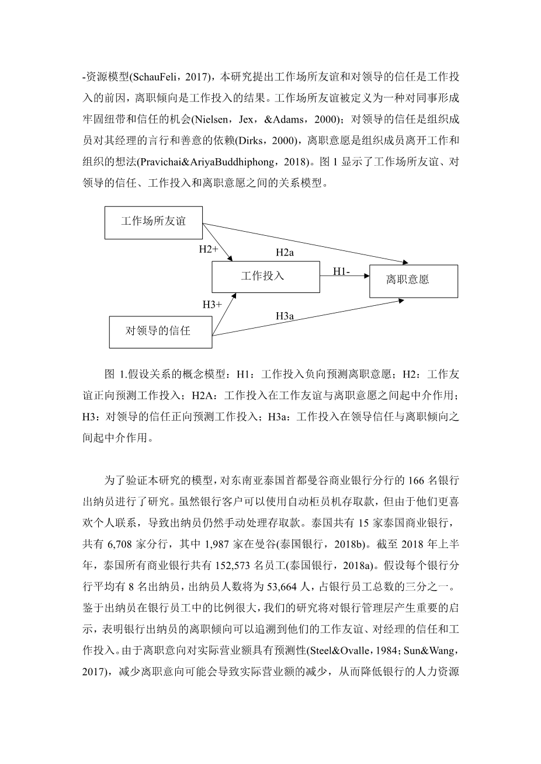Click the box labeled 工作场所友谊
[x=153, y=222]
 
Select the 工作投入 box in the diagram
[x=265, y=276]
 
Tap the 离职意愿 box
[x=413, y=281]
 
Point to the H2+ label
[x=209, y=249]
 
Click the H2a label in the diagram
[x=285, y=252]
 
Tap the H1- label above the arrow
[x=342, y=271]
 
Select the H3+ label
[x=212, y=304]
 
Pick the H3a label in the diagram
[x=285, y=316]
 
